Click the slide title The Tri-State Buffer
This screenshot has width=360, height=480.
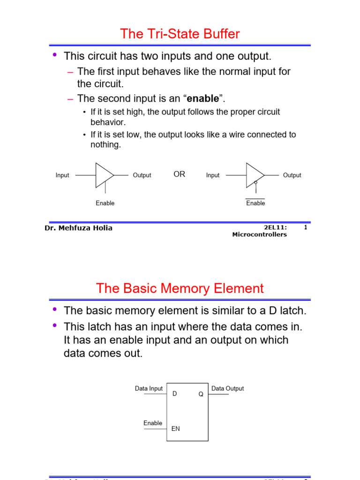pyautogui.click(x=180, y=34)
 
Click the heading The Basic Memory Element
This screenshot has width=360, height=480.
pyautogui.click(x=180, y=288)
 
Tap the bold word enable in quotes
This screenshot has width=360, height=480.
pyautogui.click(x=202, y=98)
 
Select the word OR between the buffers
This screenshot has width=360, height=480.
pyautogui.click(x=180, y=174)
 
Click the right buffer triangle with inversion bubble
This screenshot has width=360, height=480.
pyautogui.click(x=255, y=175)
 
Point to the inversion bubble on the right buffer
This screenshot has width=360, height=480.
pyautogui.click(x=255, y=182)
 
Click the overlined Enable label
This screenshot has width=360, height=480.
pyautogui.click(x=255, y=203)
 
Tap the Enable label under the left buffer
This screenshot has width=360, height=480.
pyautogui.click(x=105, y=203)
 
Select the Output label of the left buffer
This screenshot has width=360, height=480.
pyautogui.click(x=142, y=175)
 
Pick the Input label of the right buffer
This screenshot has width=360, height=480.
pyautogui.click(x=213, y=175)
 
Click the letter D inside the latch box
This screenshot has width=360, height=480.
pyautogui.click(x=175, y=394)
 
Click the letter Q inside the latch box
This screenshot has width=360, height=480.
pyautogui.click(x=201, y=394)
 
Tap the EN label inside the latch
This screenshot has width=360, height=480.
pyautogui.click(x=176, y=428)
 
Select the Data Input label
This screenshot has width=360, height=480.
pyautogui.click(x=149, y=389)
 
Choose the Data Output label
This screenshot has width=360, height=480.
pyautogui.click(x=227, y=389)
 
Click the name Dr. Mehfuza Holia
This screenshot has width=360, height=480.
pyautogui.click(x=78, y=228)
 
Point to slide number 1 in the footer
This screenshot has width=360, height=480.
pyautogui.click(x=306, y=228)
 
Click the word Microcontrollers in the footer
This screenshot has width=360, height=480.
pyautogui.click(x=259, y=234)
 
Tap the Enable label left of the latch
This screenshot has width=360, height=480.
pyautogui.click(x=153, y=423)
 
